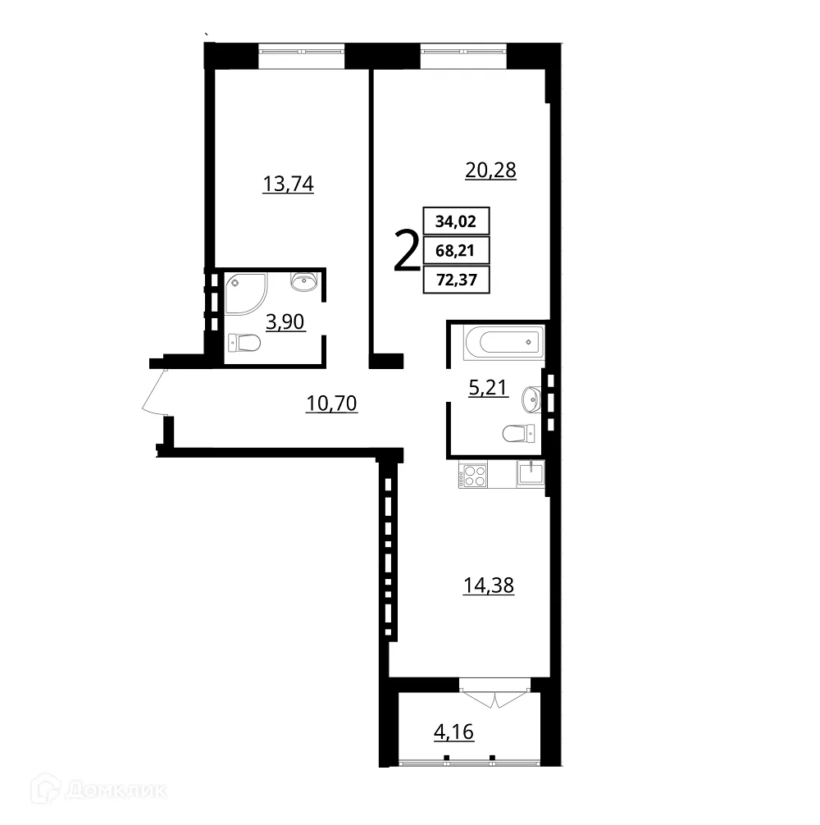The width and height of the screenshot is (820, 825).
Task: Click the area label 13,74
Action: point(288,184)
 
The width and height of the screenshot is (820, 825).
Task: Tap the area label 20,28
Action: point(490,171)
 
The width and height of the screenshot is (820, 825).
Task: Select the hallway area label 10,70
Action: point(331,403)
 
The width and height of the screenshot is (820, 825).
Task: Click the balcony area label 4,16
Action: point(454,731)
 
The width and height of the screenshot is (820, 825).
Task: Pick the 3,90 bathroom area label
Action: point(285,321)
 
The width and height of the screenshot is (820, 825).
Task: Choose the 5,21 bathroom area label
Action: point(488,388)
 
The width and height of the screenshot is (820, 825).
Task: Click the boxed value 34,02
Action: point(456,221)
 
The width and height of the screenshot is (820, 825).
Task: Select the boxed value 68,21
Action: point(456,251)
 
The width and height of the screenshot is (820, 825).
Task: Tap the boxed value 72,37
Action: point(456,281)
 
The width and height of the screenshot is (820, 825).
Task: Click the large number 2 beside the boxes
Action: point(406,252)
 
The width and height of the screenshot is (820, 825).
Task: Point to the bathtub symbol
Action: point(503,341)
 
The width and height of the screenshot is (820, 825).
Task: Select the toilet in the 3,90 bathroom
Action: point(243,343)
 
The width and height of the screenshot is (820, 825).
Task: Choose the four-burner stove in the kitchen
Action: point(473,476)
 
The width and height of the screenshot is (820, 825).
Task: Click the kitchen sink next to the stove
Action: point(531,474)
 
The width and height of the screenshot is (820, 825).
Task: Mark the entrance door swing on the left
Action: point(154,391)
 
